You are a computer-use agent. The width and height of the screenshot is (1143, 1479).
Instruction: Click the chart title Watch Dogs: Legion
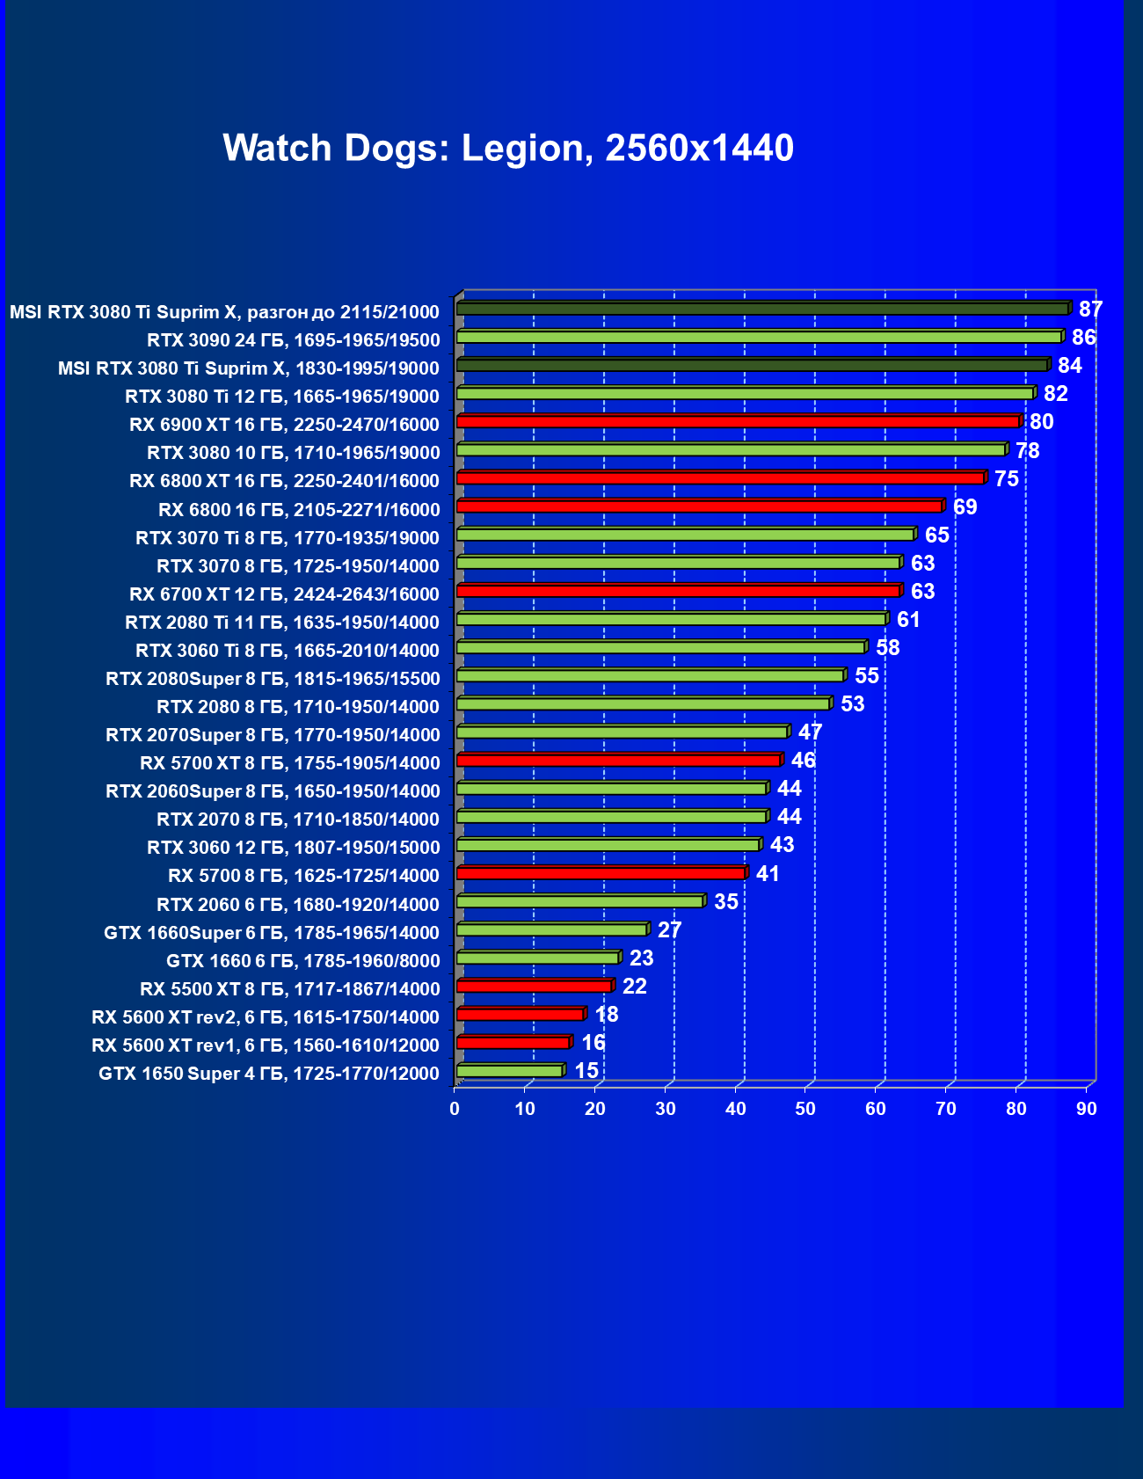pos(508,148)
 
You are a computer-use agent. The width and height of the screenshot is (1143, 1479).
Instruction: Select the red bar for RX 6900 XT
pos(738,422)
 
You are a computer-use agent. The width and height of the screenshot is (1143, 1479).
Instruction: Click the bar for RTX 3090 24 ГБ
pos(759,337)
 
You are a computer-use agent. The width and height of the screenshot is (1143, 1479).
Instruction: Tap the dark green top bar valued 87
pos(762,309)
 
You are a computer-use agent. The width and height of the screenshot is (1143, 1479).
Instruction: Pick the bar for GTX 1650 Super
pos(510,1070)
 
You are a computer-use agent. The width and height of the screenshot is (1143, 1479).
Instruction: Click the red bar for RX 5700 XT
pos(618,760)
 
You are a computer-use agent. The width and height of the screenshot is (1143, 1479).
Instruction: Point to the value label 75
pos(1007,479)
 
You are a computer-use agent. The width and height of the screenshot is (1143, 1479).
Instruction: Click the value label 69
pos(965,507)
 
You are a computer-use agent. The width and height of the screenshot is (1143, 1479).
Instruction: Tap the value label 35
pos(725,902)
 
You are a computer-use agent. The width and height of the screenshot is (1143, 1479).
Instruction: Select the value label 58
pos(887,648)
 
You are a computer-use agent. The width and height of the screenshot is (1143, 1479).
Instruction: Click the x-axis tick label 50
pos(805,1109)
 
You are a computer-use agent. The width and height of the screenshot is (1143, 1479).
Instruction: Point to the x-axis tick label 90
pos(1087,1109)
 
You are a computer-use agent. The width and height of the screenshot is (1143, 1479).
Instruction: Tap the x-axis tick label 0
pos(455,1109)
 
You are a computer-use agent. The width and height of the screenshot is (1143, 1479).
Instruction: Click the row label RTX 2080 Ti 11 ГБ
pos(282,623)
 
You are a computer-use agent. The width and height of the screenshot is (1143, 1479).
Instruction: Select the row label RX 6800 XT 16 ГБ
pos(284,481)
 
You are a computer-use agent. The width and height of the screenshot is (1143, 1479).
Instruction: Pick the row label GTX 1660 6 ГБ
pos(303,961)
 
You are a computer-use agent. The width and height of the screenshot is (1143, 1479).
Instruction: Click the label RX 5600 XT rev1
pos(266,1045)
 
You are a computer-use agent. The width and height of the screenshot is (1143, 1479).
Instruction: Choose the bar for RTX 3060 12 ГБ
pos(608,845)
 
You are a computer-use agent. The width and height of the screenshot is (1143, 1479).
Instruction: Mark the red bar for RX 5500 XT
pos(534,986)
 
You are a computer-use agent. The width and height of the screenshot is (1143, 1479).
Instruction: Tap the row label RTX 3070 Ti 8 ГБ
pos(288,538)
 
